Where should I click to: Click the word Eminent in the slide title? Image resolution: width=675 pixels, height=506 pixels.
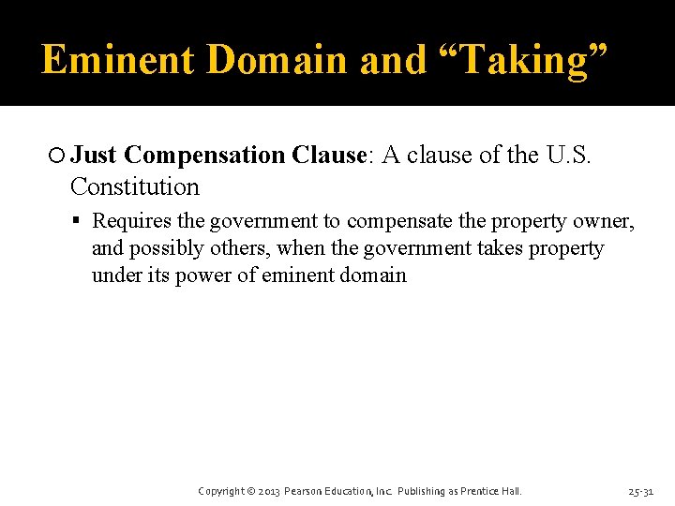pyautogui.click(x=118, y=60)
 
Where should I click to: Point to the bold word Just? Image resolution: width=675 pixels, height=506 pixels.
pyautogui.click(x=94, y=155)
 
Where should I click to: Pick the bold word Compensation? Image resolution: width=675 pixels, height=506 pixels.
pyautogui.click(x=203, y=156)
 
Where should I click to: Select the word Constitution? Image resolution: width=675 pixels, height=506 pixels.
pyautogui.click(x=135, y=186)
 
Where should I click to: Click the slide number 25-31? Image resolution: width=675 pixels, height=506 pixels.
pyautogui.click(x=642, y=491)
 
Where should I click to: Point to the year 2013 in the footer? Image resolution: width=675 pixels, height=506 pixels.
pyautogui.click(x=267, y=491)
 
